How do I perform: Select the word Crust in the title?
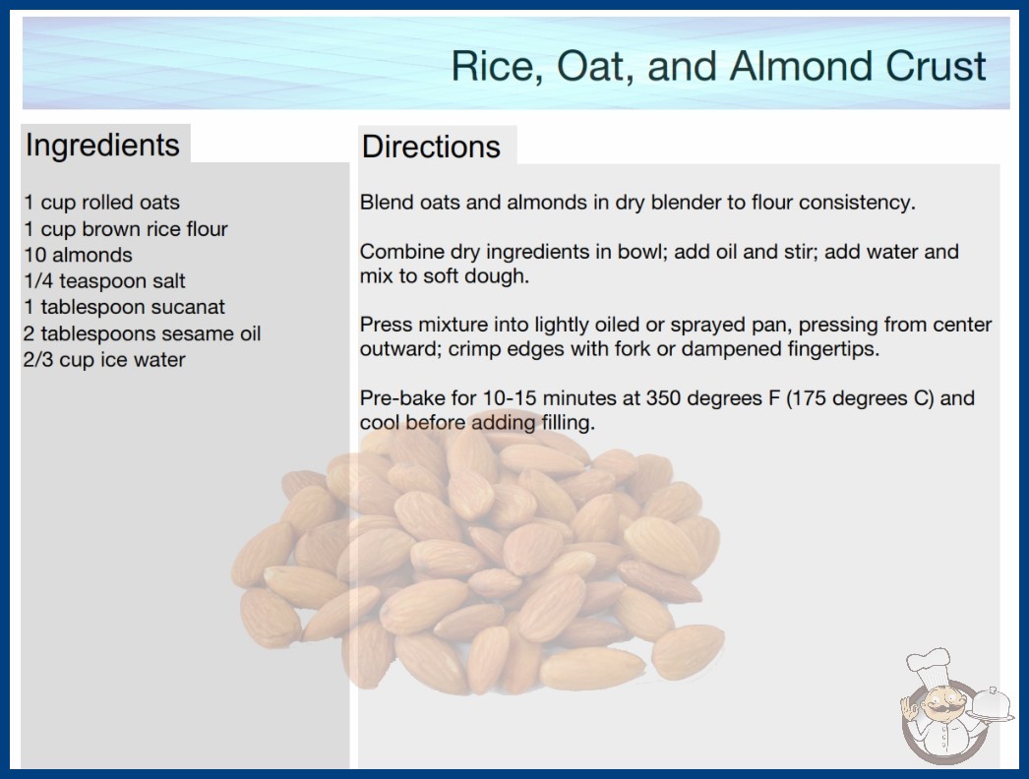(936, 66)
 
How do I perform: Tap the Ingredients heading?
(102, 146)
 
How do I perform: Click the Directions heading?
(431, 147)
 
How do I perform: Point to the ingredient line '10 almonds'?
(78, 255)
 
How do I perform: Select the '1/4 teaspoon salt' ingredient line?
(104, 281)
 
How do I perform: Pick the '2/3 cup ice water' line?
(104, 360)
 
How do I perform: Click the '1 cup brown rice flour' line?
(125, 229)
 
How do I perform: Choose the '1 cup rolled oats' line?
(101, 203)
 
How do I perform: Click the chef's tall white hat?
(928, 667)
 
